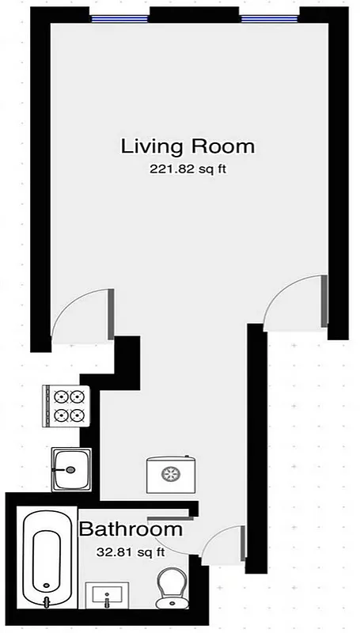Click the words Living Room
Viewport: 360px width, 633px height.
coord(188,146)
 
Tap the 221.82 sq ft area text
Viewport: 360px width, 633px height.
coord(188,169)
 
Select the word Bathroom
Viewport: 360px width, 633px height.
coord(131,529)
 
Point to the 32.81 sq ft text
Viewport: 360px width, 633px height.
coord(130,551)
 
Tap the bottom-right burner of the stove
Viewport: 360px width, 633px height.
coord(78,414)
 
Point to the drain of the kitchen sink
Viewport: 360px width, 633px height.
coord(71,470)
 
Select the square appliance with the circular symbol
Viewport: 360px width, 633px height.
coord(169,476)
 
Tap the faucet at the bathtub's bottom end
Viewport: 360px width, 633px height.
coord(46,601)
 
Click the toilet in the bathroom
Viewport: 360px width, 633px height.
coord(169,589)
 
